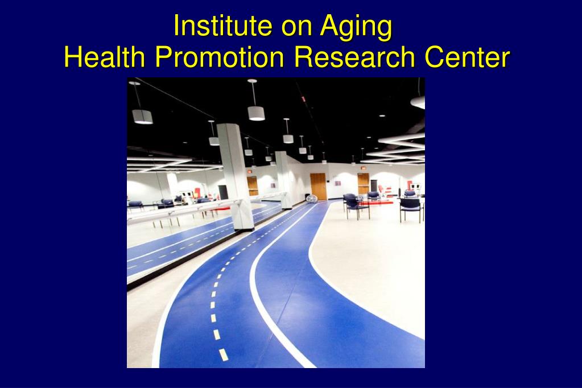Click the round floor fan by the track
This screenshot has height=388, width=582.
[312, 199]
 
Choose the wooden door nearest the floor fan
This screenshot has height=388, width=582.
[318, 186]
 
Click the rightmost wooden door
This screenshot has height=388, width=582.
[363, 184]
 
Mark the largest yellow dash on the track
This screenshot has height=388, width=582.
[223, 354]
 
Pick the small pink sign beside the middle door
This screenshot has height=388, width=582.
[338, 183]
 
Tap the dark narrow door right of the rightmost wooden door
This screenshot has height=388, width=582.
[374, 185]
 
